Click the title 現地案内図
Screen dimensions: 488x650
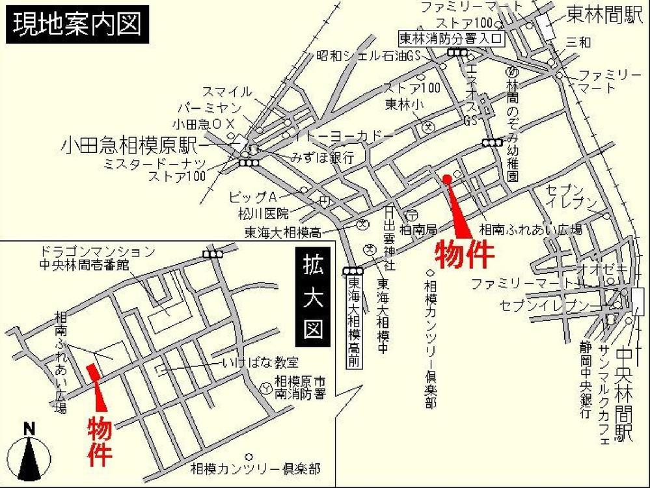pyautogui.click(x=77, y=25)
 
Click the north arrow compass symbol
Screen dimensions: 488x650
pyautogui.click(x=29, y=452)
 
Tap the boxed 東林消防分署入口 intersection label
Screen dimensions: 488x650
pyautogui.click(x=452, y=38)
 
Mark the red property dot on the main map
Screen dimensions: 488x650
pyautogui.click(x=446, y=178)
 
